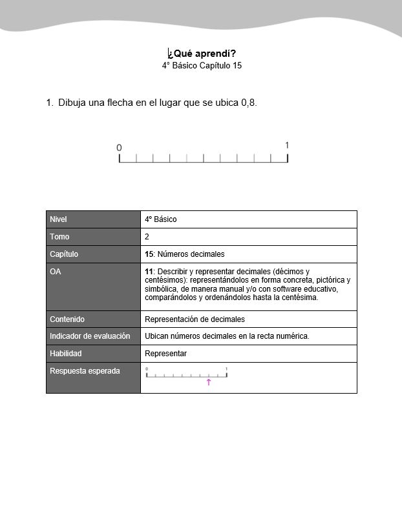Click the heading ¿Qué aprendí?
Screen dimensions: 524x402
click(x=201, y=53)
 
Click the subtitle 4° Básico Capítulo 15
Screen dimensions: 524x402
click(x=202, y=65)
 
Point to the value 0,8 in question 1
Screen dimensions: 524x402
click(x=248, y=103)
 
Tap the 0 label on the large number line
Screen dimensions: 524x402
click(x=119, y=148)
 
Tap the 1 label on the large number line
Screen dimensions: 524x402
click(x=287, y=145)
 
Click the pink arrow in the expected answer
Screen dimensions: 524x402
click(x=209, y=383)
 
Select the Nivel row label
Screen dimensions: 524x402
click(x=58, y=219)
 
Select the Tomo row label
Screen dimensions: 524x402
click(x=59, y=237)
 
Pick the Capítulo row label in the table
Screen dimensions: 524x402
click(x=64, y=254)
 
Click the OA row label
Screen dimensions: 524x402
click(x=56, y=272)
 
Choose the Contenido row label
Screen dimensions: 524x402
click(x=67, y=319)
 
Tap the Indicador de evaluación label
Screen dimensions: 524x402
click(x=90, y=336)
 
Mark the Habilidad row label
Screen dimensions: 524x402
click(x=66, y=354)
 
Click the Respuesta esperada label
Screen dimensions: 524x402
click(x=85, y=371)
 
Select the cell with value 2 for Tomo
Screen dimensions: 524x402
click(x=147, y=237)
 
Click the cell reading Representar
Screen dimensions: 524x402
click(x=165, y=354)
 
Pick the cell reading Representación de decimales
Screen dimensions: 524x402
click(x=195, y=319)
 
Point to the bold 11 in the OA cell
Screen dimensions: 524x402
click(x=149, y=272)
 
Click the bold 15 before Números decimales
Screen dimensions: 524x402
click(x=149, y=254)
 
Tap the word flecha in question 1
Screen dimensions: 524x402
click(x=120, y=103)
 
